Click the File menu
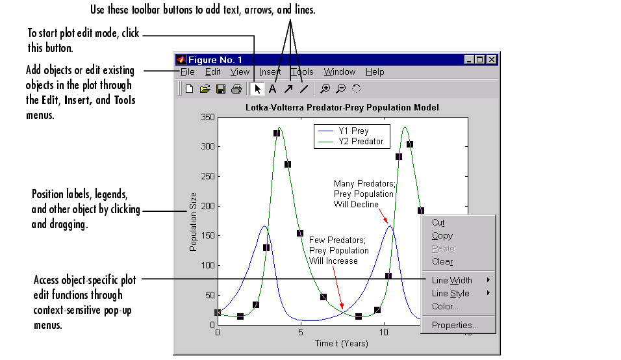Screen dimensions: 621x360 pyautogui.click(x=187, y=72)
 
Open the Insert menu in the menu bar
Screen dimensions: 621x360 pyautogui.click(x=270, y=72)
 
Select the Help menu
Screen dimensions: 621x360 pyautogui.click(x=375, y=72)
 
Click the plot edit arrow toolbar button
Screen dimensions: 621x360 pyautogui.click(x=257, y=89)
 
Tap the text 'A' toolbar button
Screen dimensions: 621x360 pyautogui.click(x=272, y=89)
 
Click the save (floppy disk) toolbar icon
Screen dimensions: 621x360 pyautogui.click(x=221, y=89)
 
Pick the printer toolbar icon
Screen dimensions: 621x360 pyautogui.click(x=236, y=89)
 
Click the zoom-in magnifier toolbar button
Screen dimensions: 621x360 pyautogui.click(x=325, y=89)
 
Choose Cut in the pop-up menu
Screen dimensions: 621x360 pyautogui.click(x=438, y=223)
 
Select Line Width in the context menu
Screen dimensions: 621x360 pyautogui.click(x=452, y=280)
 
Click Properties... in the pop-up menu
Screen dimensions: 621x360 pyautogui.click(x=455, y=325)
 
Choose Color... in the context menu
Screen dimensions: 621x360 pyautogui.click(x=445, y=307)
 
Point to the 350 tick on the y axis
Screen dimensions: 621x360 pyautogui.click(x=207, y=117)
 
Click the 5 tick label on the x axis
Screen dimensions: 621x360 pyautogui.click(x=301, y=332)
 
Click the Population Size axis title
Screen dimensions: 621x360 pyautogui.click(x=193, y=222)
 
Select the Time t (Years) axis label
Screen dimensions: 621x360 pyautogui.click(x=342, y=343)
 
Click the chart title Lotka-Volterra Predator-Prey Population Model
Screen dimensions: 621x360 pyautogui.click(x=342, y=108)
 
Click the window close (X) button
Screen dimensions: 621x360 pyautogui.click(x=492, y=60)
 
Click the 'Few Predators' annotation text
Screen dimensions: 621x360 pyautogui.click(x=338, y=250)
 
